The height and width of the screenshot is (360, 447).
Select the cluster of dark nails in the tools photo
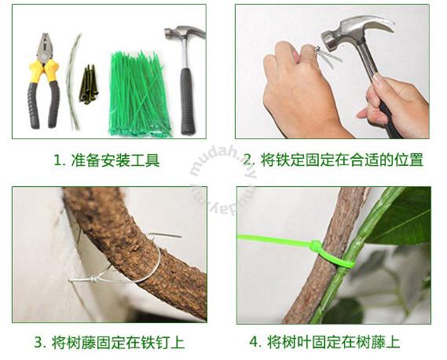point(89,83)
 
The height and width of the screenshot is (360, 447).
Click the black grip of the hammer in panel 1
point(189,101)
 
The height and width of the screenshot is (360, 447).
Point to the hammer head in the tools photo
point(185,33)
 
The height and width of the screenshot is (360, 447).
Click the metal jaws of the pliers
point(45,47)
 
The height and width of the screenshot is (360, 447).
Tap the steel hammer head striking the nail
point(357,33)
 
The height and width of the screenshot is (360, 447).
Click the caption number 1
point(57,161)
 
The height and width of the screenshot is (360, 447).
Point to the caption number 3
point(39,342)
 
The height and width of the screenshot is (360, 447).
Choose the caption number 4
point(255,342)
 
